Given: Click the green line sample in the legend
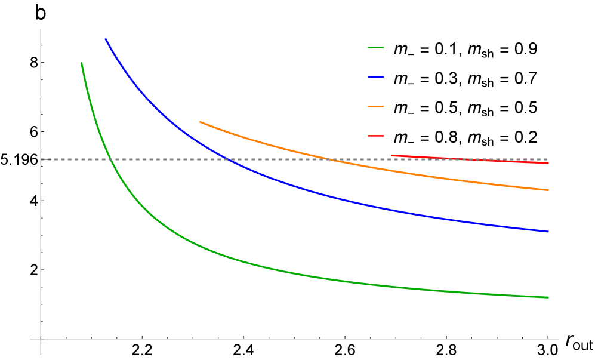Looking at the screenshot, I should pos(376,47).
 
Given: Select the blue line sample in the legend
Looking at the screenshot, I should pos(376,77).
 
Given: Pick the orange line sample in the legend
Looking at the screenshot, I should pos(376,106).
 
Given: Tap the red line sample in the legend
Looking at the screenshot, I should pos(376,136).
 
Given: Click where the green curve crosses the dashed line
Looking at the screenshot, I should pos(110,159).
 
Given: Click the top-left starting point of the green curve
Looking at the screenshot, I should pos(81,63).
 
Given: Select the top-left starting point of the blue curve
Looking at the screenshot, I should pos(106,39).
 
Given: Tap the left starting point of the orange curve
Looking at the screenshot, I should pos(199,122).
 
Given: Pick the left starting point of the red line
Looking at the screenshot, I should pos(391,155).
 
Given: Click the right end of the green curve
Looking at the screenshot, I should pos(548,297).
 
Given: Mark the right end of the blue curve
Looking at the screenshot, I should pos(548,232).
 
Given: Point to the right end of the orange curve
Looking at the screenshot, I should pos(548,190).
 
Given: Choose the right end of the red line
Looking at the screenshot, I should pos(548,163).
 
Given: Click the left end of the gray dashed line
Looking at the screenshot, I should pos(41,159).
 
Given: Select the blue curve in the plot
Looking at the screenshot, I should pos(298,189).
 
